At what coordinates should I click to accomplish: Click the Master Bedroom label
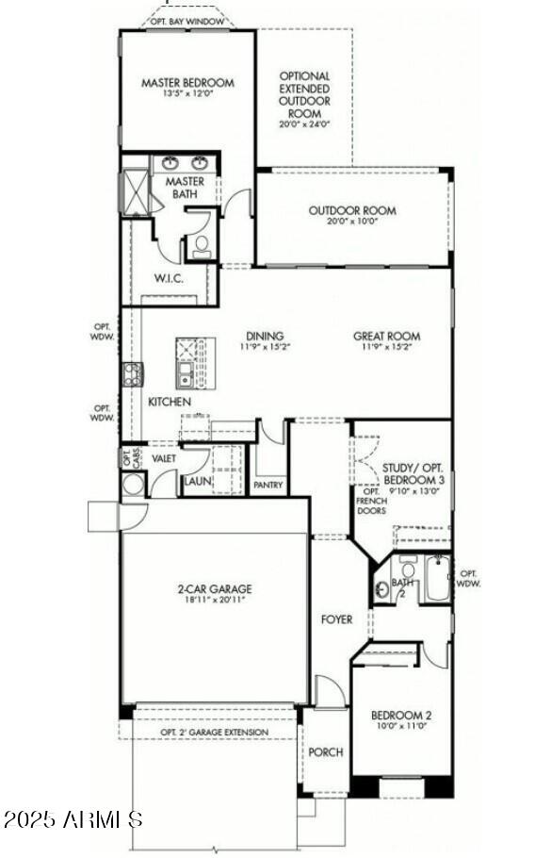click(x=187, y=83)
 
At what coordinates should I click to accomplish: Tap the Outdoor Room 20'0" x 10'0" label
click(x=352, y=211)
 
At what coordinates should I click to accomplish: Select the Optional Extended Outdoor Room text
click(x=305, y=94)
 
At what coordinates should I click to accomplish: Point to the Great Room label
click(x=386, y=337)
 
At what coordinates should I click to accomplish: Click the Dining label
click(x=265, y=337)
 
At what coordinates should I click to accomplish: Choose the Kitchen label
click(x=170, y=402)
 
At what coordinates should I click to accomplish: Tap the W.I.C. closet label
click(x=168, y=279)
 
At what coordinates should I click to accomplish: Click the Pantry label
click(x=269, y=485)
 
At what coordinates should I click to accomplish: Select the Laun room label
click(x=197, y=481)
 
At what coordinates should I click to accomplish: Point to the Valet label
click(x=164, y=457)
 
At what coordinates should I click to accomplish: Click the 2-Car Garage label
click(x=215, y=590)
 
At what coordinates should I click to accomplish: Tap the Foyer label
click(x=336, y=619)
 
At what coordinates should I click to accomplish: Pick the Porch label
click(x=326, y=752)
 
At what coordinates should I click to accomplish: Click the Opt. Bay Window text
click(x=189, y=21)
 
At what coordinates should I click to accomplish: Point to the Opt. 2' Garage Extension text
click(x=214, y=732)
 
